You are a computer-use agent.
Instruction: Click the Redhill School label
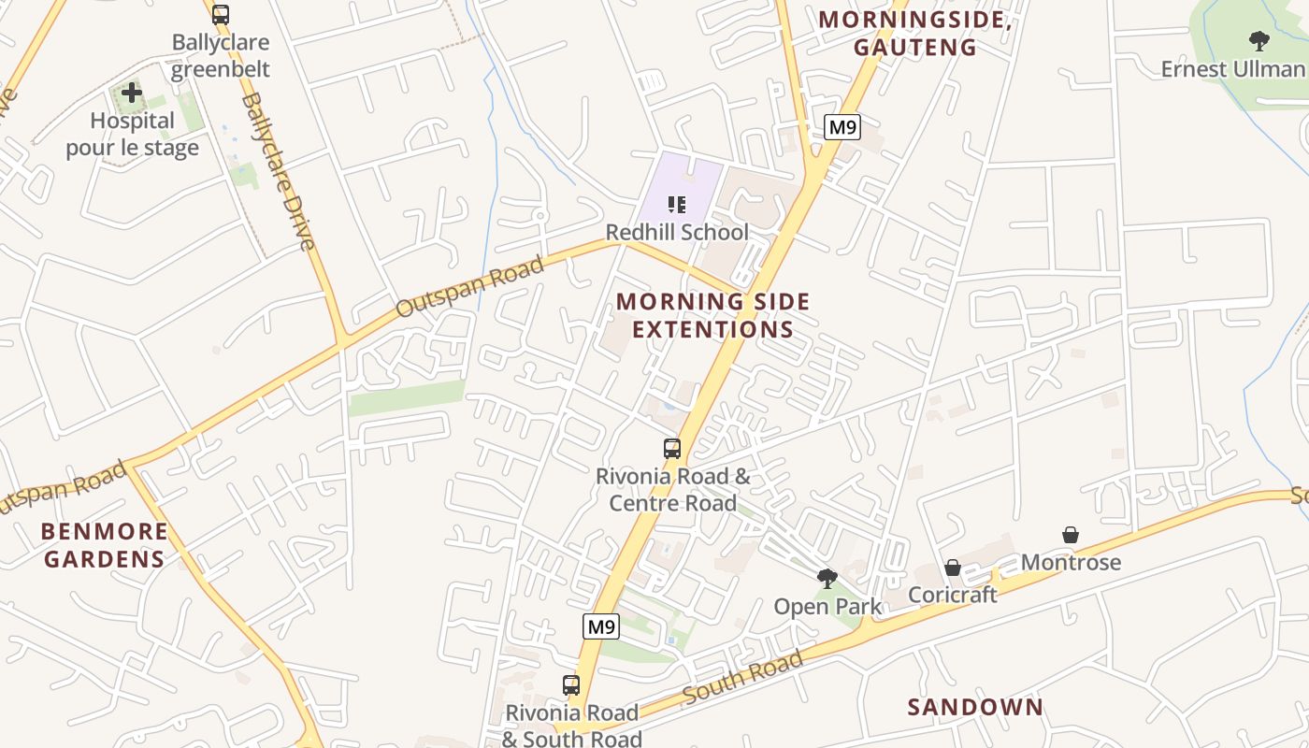click(x=677, y=232)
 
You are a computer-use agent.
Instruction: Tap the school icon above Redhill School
click(x=677, y=204)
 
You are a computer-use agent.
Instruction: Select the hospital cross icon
click(x=132, y=93)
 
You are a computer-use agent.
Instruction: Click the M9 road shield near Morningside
click(x=841, y=127)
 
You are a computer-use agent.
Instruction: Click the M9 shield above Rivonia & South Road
click(x=601, y=626)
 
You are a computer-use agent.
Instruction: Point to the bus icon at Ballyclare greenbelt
click(x=221, y=15)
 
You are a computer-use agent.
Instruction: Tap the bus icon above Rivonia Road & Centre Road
click(x=672, y=449)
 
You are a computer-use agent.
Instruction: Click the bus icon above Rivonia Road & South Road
click(x=571, y=685)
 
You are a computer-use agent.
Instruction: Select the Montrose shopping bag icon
click(x=1071, y=535)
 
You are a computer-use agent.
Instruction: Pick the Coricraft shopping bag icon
click(x=952, y=568)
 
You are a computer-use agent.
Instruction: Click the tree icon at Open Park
click(x=827, y=579)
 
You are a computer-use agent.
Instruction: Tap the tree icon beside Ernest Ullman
click(x=1259, y=40)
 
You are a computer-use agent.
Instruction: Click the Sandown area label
click(x=975, y=707)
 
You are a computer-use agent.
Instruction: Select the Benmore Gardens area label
click(x=105, y=545)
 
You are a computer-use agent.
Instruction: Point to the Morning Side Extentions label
click(x=712, y=315)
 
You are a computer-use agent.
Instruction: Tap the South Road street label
click(x=742, y=677)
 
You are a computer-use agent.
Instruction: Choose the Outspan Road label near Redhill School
click(x=469, y=287)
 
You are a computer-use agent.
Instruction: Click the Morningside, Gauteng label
click(x=915, y=33)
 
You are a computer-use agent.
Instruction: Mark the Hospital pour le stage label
click(x=132, y=134)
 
